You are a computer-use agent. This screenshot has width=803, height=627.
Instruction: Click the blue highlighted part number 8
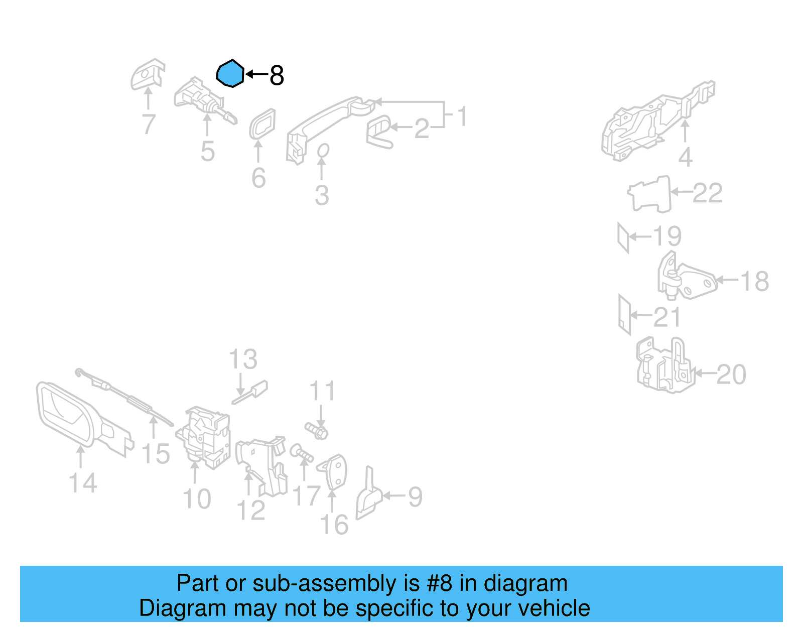point(230,74)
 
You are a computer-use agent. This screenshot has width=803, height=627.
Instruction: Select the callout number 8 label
point(277,76)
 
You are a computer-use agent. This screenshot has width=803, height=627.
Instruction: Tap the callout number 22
point(707,193)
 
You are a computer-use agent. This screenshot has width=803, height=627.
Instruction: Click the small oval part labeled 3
point(323,151)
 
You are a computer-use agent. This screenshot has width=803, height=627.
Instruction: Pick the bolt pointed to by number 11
point(317,430)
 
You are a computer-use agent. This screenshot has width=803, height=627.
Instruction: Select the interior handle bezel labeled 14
point(65,414)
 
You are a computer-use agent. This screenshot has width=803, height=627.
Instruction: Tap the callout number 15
point(156,454)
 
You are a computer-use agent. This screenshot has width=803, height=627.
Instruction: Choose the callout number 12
point(250,511)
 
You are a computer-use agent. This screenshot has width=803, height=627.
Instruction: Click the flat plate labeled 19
point(623,237)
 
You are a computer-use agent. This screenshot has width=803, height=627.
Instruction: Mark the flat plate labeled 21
point(624,314)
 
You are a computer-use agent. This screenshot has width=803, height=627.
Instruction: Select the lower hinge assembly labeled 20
point(665,366)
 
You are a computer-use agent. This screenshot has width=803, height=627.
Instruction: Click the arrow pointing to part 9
point(394,496)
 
